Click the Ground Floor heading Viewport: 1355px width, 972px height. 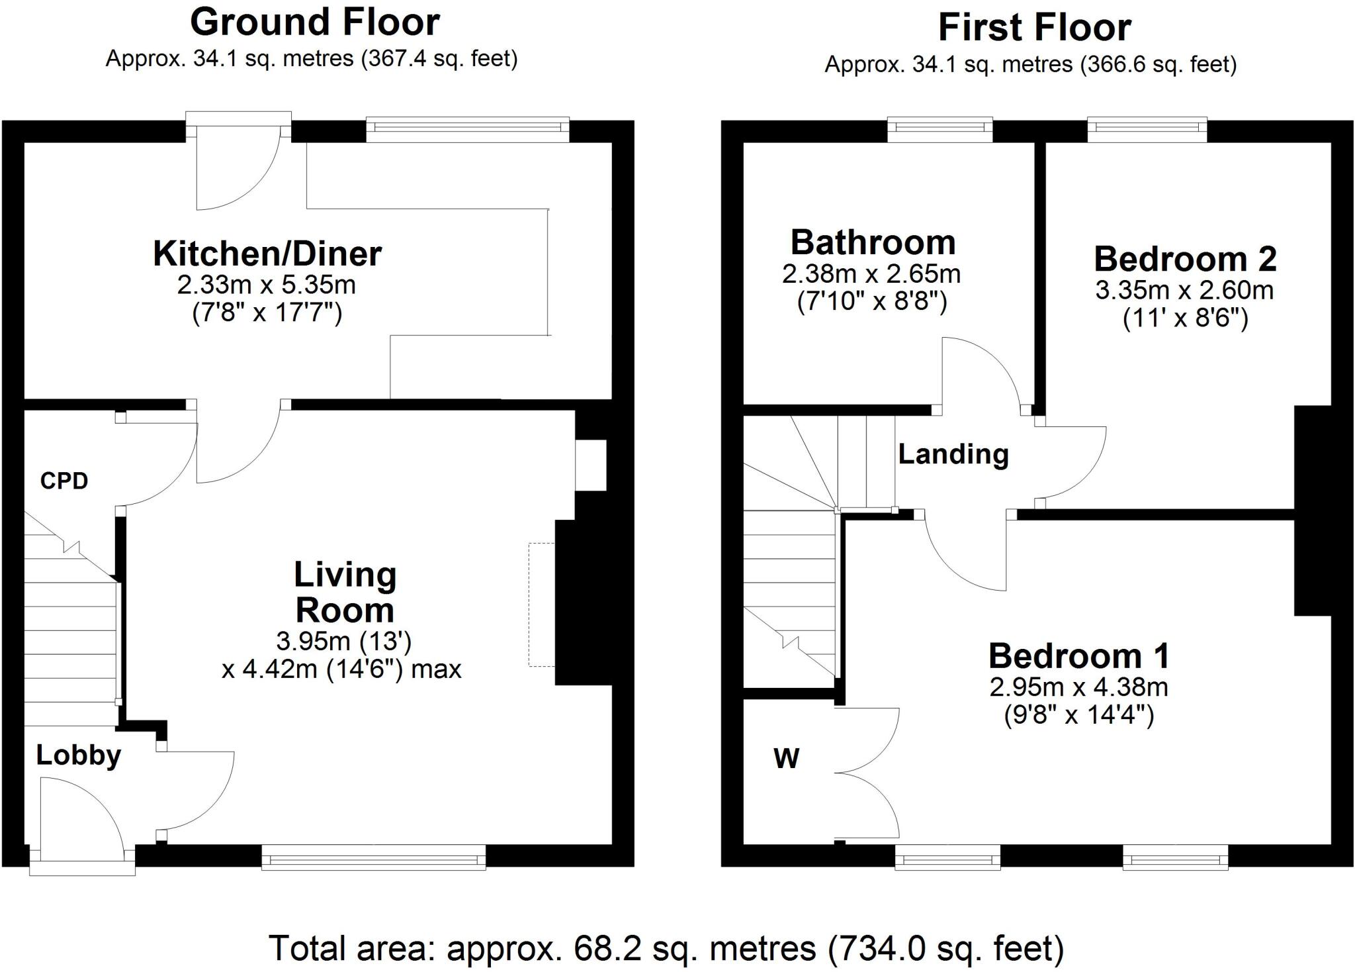click(315, 22)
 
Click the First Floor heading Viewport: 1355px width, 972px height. click(1035, 28)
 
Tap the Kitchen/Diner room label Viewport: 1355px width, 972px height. click(267, 254)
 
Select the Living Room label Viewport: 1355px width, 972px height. click(345, 592)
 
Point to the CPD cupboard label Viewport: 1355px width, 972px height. click(64, 481)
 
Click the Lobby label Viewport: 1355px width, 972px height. click(79, 755)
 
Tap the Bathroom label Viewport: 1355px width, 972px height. click(873, 242)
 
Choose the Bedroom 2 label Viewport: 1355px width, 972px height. click(1185, 259)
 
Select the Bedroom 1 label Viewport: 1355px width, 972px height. click(1079, 656)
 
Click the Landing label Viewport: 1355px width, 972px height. click(953, 455)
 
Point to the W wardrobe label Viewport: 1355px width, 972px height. click(787, 758)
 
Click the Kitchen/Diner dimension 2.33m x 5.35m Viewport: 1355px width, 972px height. click(267, 285)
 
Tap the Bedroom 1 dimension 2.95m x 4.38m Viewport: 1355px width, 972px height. click(1079, 687)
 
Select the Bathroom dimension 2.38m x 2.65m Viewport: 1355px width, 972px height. click(872, 273)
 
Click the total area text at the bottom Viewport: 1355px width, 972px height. click(666, 948)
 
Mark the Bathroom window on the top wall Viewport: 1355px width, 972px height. click(940, 130)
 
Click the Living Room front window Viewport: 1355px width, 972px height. click(374, 856)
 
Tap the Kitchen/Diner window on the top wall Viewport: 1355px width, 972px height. click(468, 130)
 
